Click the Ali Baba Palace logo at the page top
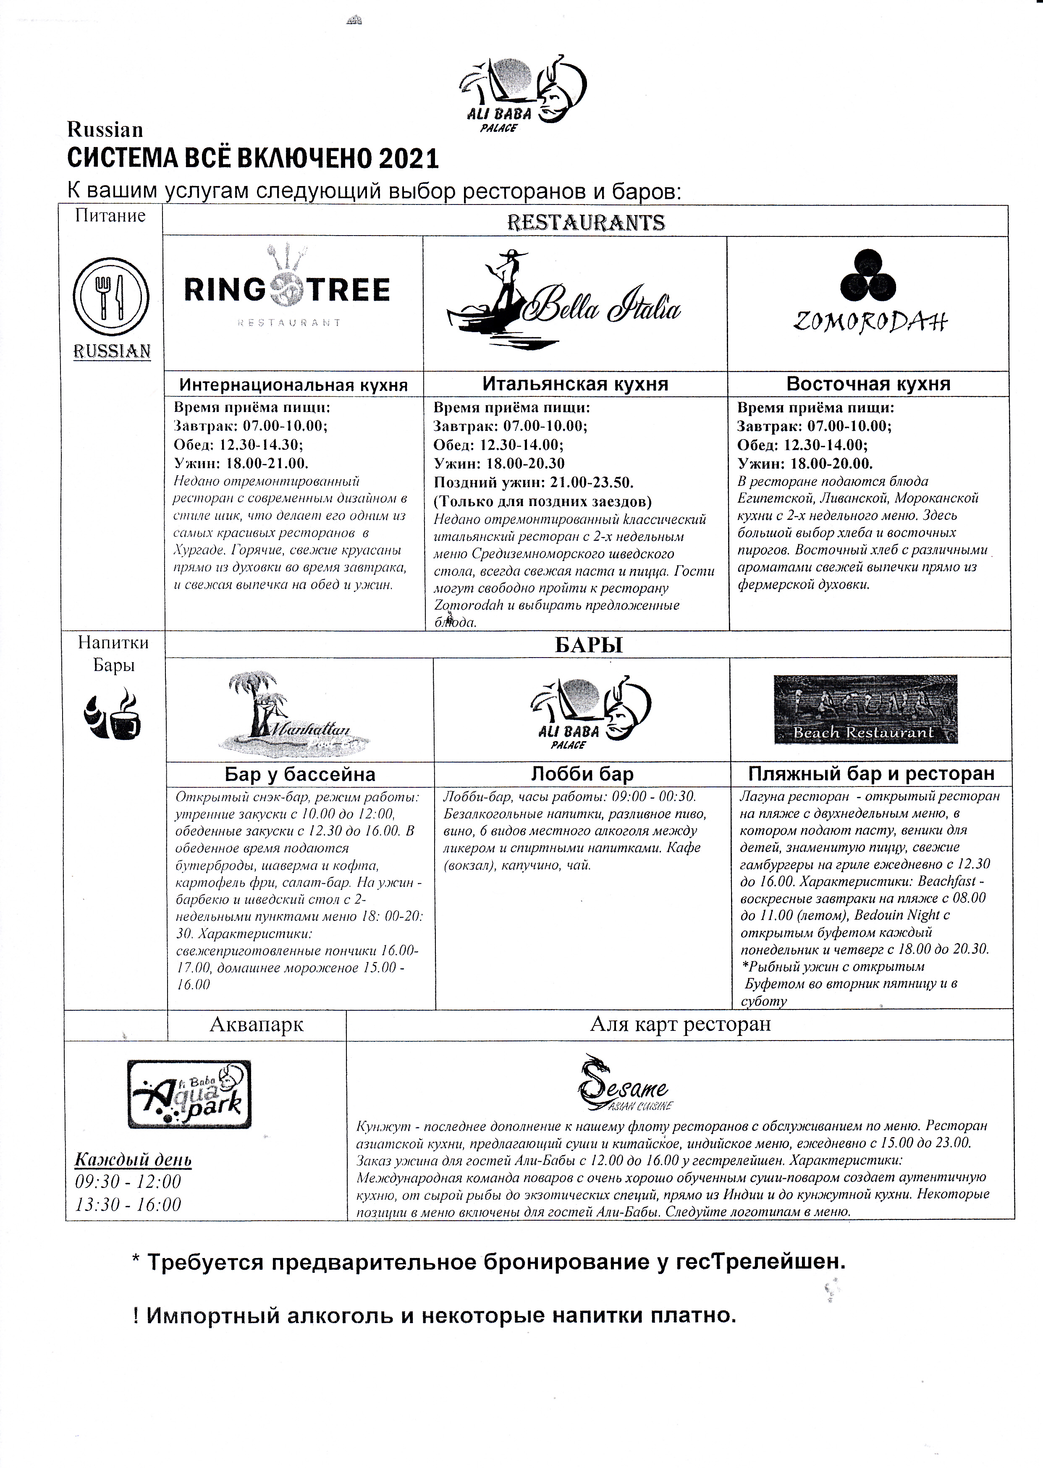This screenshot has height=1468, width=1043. pyautogui.click(x=521, y=93)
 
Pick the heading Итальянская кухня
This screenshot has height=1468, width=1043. pyautogui.click(x=575, y=384)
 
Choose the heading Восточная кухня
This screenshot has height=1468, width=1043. pyautogui.click(x=868, y=384)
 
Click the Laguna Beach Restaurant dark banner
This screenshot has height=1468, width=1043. pyautogui.click(x=865, y=709)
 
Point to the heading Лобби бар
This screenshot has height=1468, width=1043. pyautogui.click(x=582, y=774)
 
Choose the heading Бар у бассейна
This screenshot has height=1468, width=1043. pyautogui.click(x=300, y=774)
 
